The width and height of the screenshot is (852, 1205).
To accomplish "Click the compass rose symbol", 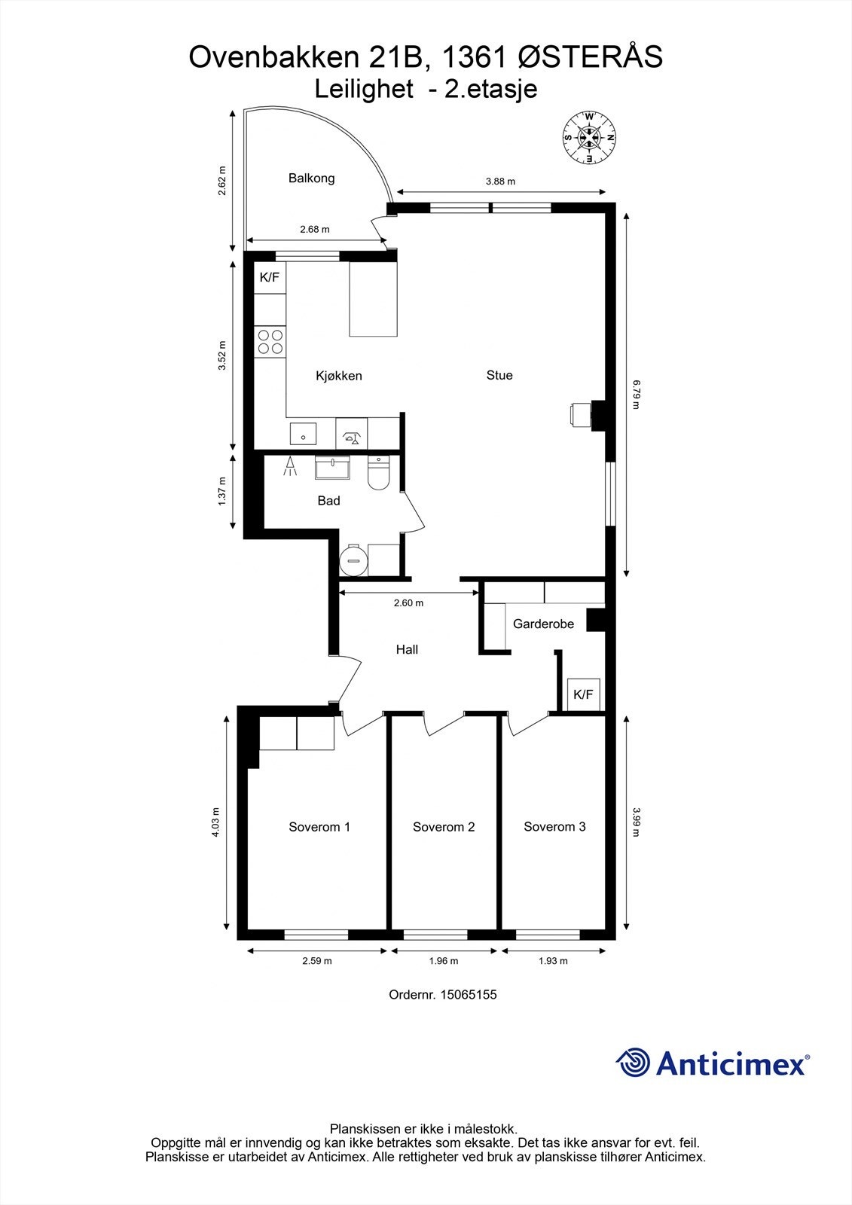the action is (589, 138).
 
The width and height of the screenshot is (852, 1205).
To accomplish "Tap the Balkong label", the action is (312, 178).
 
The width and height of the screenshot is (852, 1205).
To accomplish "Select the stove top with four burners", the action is (270, 342).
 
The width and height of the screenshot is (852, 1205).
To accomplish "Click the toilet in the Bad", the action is (378, 473).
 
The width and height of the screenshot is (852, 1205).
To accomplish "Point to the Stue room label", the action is (499, 375).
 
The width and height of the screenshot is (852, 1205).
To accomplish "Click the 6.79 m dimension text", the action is (636, 395).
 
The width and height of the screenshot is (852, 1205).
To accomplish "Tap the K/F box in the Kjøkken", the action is (270, 278).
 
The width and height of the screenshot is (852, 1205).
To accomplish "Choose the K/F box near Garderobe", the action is (583, 694).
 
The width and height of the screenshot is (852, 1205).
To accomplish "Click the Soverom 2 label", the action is (444, 827).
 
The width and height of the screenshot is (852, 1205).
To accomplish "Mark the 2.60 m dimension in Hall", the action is (408, 603).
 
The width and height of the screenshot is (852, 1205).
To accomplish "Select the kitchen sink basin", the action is (303, 434).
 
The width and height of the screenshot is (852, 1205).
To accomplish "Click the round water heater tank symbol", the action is (353, 560).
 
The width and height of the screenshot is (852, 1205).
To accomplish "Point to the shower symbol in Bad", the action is (290, 466).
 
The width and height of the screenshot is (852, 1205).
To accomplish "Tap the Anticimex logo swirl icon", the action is (633, 1063).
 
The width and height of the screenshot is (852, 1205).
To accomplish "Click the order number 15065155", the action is (469, 995).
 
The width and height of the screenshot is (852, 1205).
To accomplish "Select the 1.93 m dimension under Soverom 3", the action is (553, 961).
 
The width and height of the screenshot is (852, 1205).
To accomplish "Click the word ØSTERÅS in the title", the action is (591, 57).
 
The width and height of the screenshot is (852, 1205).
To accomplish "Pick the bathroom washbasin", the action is (333, 468).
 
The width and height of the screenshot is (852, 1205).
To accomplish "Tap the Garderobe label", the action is (544, 624).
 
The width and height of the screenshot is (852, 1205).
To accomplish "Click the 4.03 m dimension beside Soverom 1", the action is (215, 822).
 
